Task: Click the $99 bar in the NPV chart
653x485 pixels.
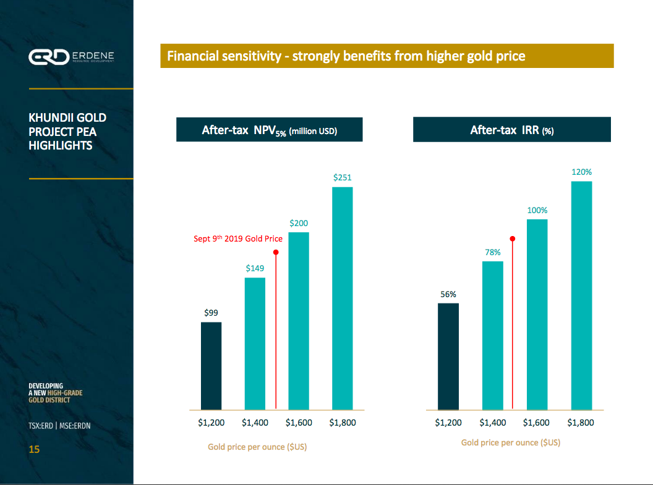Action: point(211,366)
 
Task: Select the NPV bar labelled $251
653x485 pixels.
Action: point(342,298)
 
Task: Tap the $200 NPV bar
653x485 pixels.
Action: point(299,321)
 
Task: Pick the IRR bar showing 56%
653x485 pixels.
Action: point(448,356)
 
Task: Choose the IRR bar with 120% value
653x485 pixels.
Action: point(581,295)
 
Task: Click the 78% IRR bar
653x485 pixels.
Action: point(492,335)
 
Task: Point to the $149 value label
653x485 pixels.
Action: point(255,268)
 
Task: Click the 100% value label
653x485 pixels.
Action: point(537,210)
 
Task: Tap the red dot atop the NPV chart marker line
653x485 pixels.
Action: point(276,252)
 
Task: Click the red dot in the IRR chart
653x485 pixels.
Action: point(513,238)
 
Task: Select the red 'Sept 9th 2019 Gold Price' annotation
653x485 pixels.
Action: point(238,238)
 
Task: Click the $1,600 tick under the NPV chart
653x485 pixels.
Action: point(299,423)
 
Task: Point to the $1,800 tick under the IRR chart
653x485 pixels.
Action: point(581,423)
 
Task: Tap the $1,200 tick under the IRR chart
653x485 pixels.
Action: point(448,423)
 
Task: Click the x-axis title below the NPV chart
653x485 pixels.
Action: point(257,447)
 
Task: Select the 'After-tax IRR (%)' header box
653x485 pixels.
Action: point(511,130)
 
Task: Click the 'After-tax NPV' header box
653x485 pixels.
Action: point(269,130)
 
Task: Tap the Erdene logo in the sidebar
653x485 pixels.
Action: point(71,57)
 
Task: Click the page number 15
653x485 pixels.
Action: point(34,449)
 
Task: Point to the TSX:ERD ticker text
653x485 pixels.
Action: point(41,426)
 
